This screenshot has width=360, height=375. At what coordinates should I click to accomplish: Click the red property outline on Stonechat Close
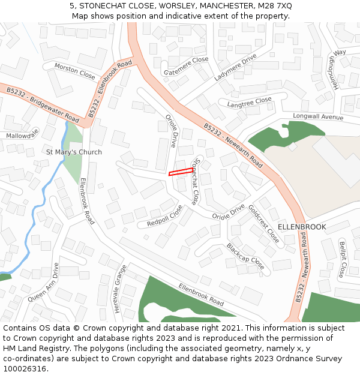181,172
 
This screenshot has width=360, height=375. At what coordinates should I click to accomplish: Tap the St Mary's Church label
74,152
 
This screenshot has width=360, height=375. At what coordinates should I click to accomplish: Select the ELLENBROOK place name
302,227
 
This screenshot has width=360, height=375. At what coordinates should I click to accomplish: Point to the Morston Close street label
75,71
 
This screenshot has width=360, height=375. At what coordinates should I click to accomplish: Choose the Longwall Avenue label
318,116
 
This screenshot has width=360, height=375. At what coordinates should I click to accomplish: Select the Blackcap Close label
245,256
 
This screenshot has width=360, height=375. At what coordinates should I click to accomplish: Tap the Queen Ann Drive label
45,281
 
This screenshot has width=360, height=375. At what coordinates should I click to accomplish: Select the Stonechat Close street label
194,182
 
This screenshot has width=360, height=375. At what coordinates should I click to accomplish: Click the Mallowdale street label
22,134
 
